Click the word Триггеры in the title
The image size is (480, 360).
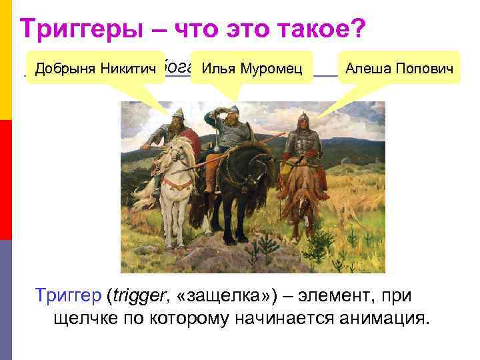tap(91, 28)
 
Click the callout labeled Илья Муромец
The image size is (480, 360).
tap(251, 67)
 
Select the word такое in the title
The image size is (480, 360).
tap(303, 28)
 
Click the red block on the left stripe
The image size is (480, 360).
tap(6, 180)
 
